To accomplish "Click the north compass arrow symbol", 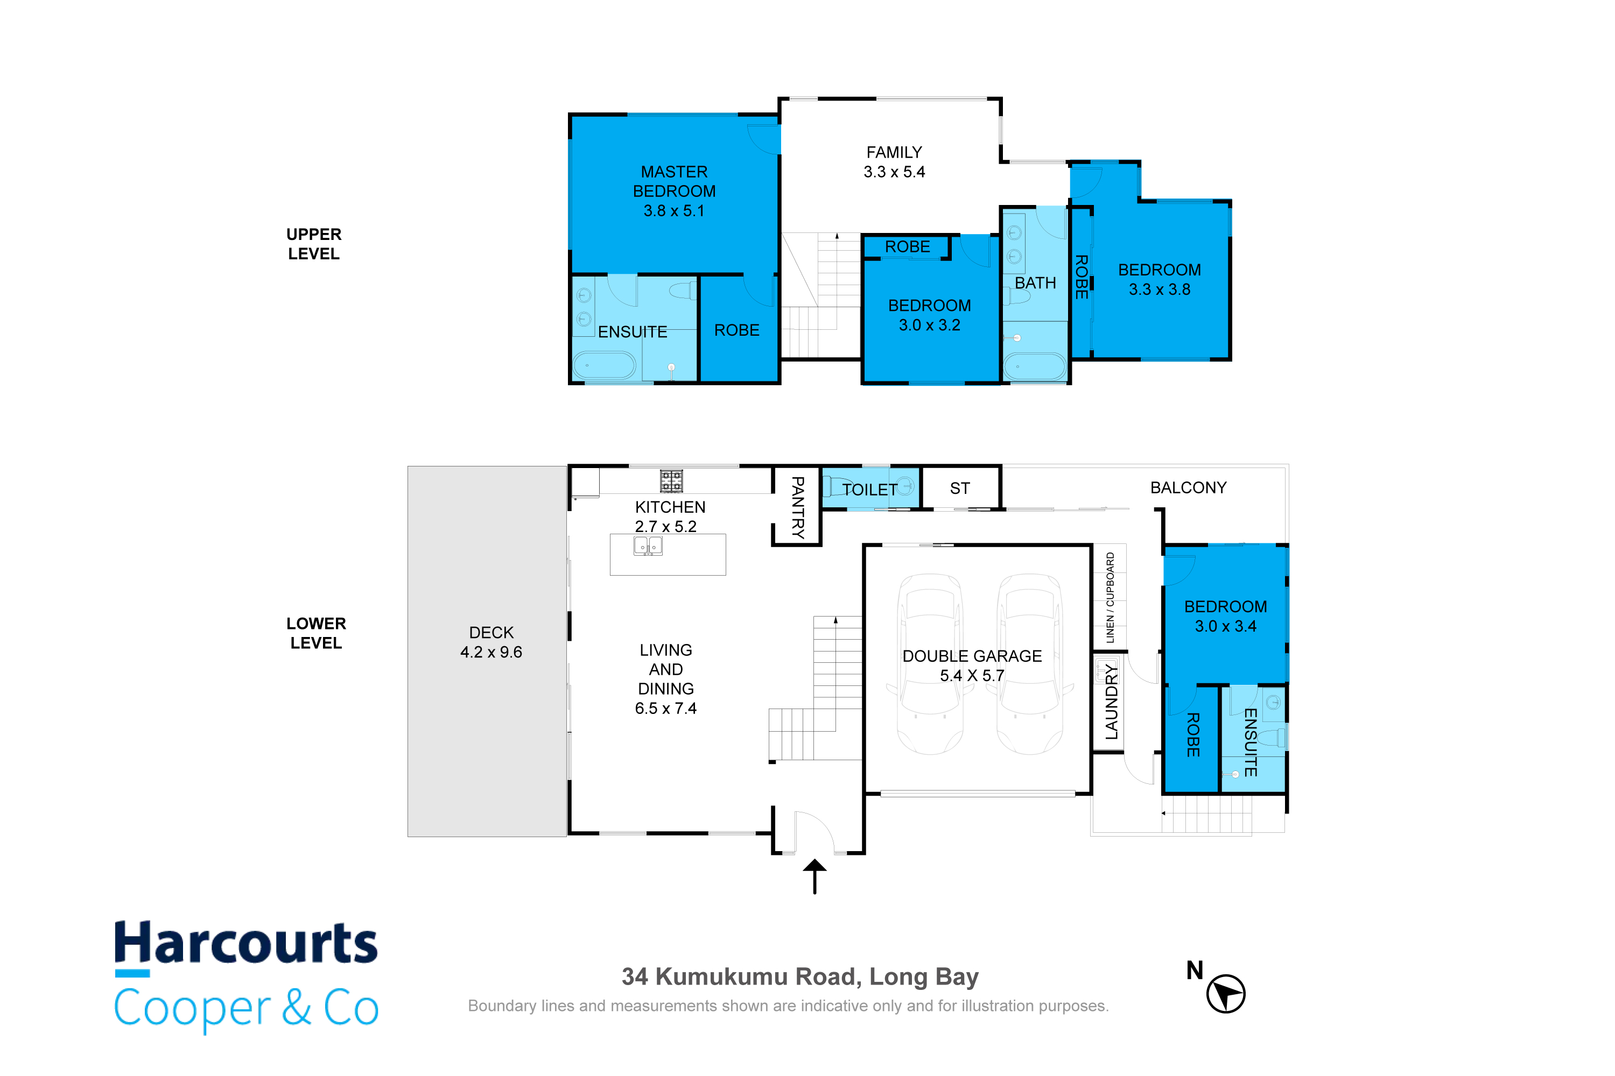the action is (1226, 993).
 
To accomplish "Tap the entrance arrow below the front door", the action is (815, 876).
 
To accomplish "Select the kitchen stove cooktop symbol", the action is (671, 481).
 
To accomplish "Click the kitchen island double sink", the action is (648, 546).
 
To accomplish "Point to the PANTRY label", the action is (797, 507).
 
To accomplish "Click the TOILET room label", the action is (870, 489).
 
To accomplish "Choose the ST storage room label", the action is (960, 488).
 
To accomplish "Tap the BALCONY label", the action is (1188, 487).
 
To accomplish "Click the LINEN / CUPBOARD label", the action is (1110, 598).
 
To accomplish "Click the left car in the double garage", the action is (930, 663).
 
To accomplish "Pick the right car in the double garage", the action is (1030, 663).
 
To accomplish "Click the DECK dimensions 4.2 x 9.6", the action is (491, 652).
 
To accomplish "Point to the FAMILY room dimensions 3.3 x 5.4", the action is (894, 172).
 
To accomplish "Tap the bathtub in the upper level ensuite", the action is (604, 366).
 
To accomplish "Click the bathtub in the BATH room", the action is (1034, 366).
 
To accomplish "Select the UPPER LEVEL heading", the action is (314, 244).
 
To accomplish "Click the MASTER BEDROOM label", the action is (675, 181).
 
